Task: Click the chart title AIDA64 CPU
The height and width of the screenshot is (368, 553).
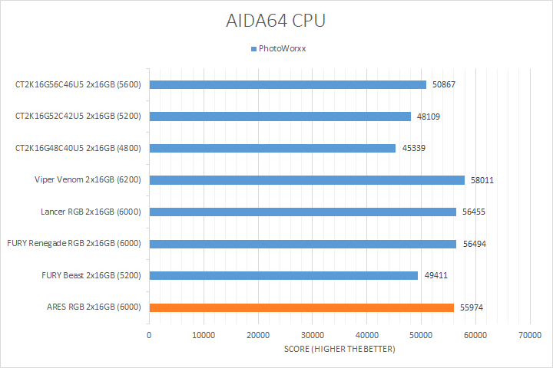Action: pos(276,21)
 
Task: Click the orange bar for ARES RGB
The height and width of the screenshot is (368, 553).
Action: pos(302,307)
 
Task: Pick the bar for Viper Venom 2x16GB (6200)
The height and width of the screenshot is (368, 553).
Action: pos(307,180)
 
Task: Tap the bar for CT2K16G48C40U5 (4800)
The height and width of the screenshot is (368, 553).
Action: pos(273,148)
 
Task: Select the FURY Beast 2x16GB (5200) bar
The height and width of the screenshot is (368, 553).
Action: pos(283,275)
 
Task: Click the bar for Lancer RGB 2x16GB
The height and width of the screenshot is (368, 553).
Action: pos(303,212)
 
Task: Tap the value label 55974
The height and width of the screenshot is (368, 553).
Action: pos(472,307)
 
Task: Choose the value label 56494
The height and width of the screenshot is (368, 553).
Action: pos(474,244)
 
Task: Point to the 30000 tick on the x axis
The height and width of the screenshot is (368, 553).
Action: pos(313,335)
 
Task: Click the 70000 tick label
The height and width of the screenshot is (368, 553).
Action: pos(530,335)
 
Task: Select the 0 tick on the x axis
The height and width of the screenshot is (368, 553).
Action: pos(149,335)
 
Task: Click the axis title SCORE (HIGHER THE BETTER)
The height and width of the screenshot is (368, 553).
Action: pos(339,350)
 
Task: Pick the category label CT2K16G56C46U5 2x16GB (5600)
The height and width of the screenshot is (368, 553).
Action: pos(80,84)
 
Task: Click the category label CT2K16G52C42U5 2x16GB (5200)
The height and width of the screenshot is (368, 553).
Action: pos(80,117)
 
